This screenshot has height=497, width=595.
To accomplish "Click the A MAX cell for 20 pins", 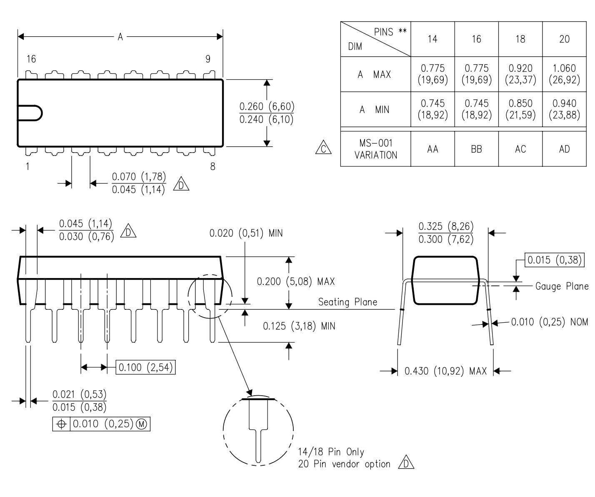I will [x=564, y=74].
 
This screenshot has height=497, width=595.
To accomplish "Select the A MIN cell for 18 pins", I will [x=520, y=109].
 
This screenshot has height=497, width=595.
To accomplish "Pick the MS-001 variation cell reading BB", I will [x=476, y=149].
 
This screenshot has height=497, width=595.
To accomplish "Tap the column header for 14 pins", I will [x=432, y=39].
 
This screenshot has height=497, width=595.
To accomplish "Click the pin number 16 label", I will [x=31, y=59].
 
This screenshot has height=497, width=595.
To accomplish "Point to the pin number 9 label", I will [x=208, y=59].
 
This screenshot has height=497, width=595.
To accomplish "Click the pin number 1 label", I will [x=27, y=167].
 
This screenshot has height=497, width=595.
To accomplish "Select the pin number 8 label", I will [x=212, y=167].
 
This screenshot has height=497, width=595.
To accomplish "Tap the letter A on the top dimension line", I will [x=120, y=37].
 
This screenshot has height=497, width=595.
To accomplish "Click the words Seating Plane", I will [x=347, y=302].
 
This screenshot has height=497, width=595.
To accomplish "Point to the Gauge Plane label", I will [x=562, y=286].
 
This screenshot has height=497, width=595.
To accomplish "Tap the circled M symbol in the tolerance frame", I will [x=142, y=424].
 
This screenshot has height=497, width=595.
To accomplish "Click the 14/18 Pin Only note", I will [x=331, y=452].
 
